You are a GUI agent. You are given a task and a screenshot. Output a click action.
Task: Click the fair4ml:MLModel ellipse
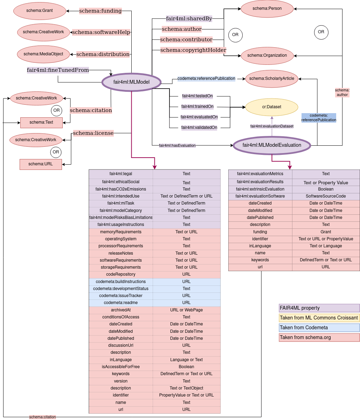point(131,82)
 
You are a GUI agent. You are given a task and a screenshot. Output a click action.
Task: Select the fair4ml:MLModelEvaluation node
point(272,145)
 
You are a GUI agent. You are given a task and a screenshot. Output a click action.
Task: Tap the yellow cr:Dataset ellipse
point(272,107)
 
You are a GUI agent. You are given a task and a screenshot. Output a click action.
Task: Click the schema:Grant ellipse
point(40,11)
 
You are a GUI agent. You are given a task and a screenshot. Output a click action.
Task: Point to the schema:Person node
point(266,8)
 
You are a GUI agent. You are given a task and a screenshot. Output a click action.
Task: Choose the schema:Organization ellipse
point(267,55)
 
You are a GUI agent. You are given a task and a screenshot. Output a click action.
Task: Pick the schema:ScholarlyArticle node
point(272,78)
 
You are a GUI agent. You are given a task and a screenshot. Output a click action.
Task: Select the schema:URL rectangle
point(41,164)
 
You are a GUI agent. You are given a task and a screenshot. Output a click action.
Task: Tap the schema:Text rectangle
point(41,122)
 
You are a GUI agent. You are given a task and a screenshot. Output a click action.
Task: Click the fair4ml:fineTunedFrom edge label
point(58,70)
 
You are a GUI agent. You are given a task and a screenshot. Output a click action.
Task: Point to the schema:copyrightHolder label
point(193,50)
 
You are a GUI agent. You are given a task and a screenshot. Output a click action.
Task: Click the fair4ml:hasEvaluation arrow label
point(177,145)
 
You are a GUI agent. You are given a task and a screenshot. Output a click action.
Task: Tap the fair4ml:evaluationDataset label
point(272,126)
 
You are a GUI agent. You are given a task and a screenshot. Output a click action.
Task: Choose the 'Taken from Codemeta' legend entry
point(319,328)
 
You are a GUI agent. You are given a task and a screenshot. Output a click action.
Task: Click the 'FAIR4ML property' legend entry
point(319,308)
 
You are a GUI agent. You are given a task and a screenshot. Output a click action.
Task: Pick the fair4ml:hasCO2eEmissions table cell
point(121,189)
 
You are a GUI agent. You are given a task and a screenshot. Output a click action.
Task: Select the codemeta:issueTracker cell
point(121,296)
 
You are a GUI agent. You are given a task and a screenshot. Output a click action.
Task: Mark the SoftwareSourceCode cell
point(326,196)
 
